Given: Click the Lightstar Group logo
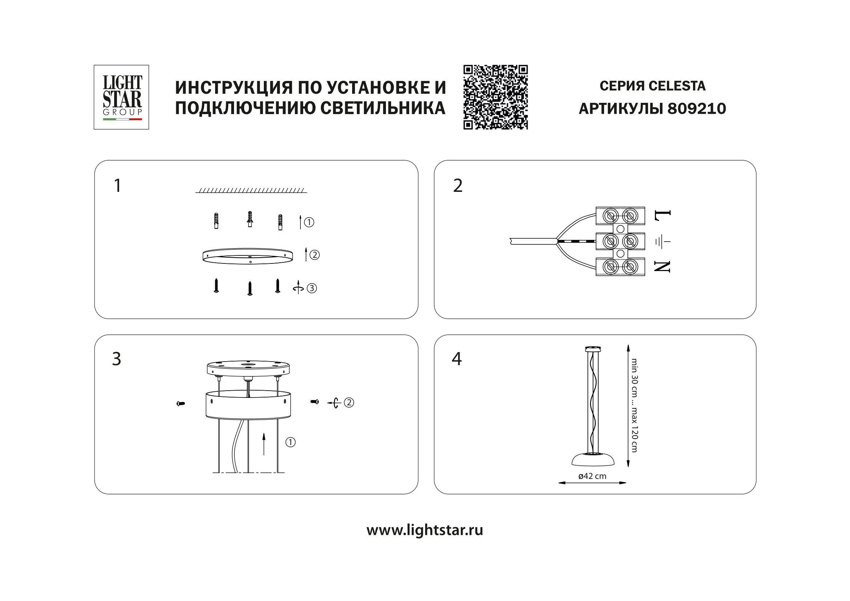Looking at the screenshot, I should (x=121, y=97).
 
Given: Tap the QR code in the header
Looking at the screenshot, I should (x=495, y=97).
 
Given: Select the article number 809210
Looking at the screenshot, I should (x=696, y=109).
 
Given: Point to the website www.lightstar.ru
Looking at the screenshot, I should (x=424, y=530).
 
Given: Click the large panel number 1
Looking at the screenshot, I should (x=118, y=186).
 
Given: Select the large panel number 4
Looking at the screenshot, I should (x=457, y=359).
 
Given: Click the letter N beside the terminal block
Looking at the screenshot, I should (x=662, y=266).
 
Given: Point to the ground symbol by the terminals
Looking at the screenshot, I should (x=662, y=242).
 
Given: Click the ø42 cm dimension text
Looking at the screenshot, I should (x=592, y=476).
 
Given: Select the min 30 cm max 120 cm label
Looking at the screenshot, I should (x=635, y=405).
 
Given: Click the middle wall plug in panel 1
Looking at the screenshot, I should (x=250, y=219).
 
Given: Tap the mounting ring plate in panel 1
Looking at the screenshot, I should (x=248, y=256).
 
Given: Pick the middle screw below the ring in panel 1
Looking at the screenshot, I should (x=250, y=288).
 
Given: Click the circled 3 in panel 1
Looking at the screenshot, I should (x=312, y=288).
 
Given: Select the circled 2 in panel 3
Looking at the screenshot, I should (x=349, y=402).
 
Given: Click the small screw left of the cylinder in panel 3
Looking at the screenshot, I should (x=181, y=403).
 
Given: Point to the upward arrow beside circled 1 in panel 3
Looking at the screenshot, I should (x=263, y=444).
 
